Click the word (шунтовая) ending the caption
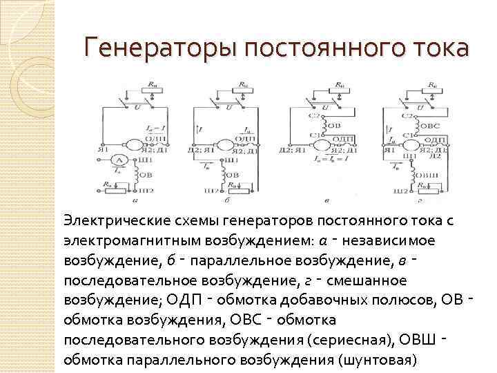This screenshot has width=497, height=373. (378, 360)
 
